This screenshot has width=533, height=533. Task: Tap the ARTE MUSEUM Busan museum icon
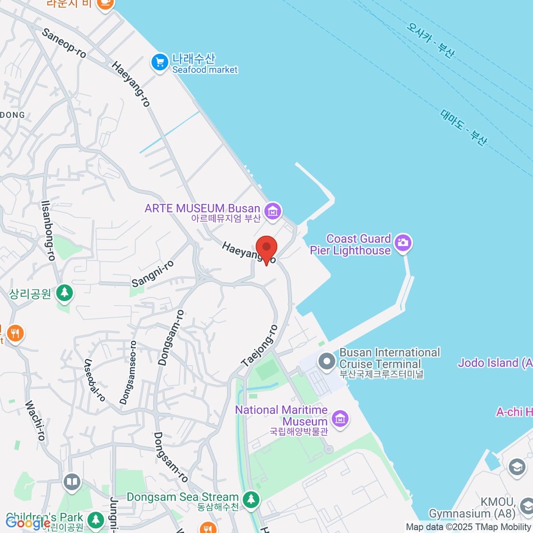(x=273, y=211)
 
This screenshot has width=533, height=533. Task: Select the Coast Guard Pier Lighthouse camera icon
(x=403, y=243)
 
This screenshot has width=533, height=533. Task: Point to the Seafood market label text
(x=205, y=70)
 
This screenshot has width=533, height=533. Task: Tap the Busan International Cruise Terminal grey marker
(x=327, y=362)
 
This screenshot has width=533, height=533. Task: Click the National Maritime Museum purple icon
(x=340, y=418)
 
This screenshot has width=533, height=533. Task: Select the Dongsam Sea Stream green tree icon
(x=251, y=499)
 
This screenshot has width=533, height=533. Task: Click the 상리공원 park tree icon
(x=65, y=293)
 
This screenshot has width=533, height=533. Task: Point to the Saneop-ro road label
(x=64, y=43)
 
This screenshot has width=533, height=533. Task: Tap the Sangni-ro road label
(x=153, y=274)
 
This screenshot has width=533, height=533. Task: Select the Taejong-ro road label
(x=260, y=346)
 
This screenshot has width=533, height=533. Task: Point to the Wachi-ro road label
(x=35, y=420)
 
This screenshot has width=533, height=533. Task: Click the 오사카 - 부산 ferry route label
(x=430, y=40)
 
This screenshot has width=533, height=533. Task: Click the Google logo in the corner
(x=28, y=523)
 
